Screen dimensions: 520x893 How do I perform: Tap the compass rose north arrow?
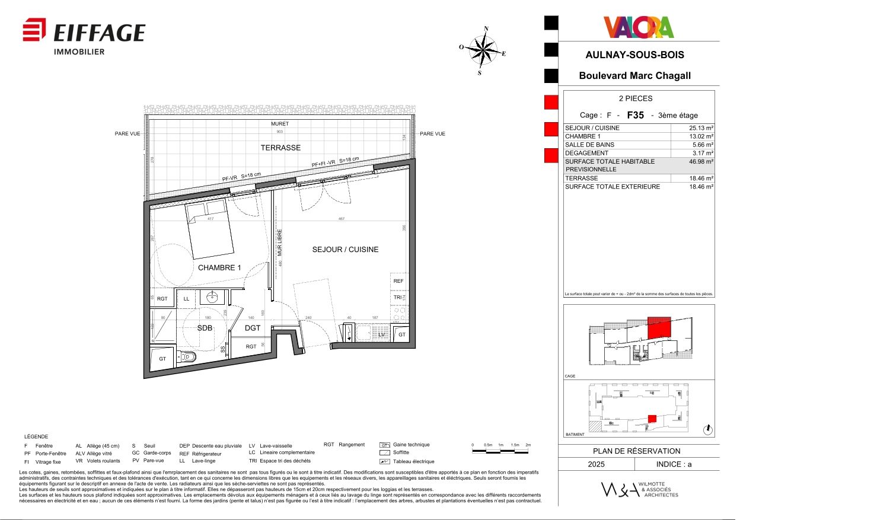(x=485, y=49)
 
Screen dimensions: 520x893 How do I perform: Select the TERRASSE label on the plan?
(x=280, y=148)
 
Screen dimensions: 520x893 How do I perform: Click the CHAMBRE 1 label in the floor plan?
(x=219, y=268)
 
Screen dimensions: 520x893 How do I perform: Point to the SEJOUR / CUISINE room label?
(x=345, y=250)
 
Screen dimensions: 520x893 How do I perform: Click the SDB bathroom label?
(x=205, y=328)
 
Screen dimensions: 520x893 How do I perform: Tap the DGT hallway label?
(x=253, y=328)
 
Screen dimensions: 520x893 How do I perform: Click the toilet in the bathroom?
(x=189, y=357)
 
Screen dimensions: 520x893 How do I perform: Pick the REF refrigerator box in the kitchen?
(x=398, y=281)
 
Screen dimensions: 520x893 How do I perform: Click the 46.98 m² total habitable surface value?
(x=701, y=161)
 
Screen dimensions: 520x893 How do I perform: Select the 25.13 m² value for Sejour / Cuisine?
(x=701, y=128)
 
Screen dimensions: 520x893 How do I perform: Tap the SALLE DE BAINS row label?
(x=589, y=145)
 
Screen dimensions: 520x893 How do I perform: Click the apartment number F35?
(x=635, y=115)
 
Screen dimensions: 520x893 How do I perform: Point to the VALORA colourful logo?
(x=639, y=27)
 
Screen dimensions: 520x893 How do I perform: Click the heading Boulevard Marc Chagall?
(x=634, y=76)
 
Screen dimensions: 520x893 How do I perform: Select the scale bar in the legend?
(x=500, y=451)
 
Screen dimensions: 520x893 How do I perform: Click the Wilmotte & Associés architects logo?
(x=639, y=490)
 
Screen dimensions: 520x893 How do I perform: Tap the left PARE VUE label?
(x=127, y=134)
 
